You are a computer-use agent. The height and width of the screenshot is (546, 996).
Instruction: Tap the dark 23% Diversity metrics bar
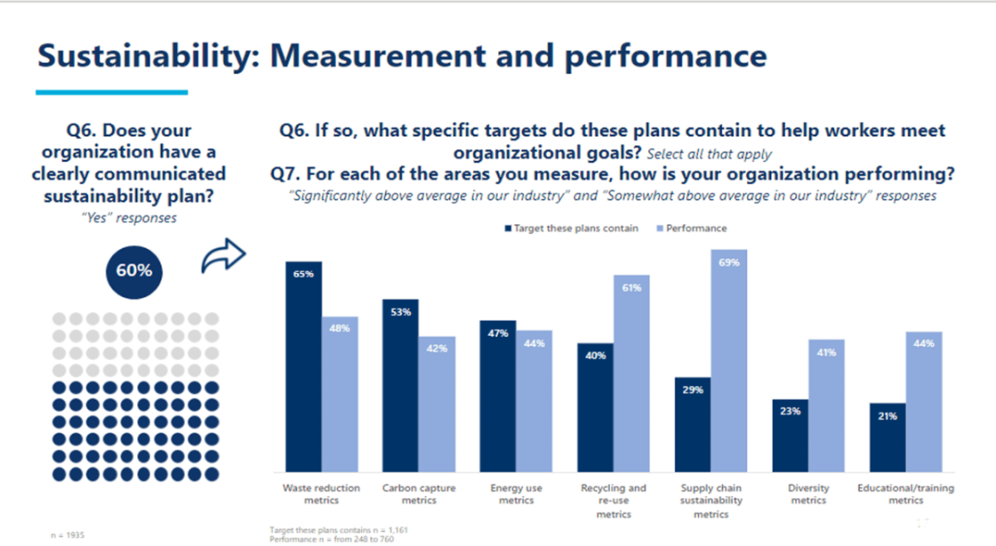pos(790,436)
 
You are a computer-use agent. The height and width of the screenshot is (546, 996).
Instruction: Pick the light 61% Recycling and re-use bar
pos(632,373)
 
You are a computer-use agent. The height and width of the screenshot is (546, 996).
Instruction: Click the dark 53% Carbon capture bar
pos(400,386)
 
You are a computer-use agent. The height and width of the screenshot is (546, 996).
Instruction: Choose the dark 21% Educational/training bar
pos(888,438)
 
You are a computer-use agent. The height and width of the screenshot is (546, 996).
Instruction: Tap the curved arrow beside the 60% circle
pos(223,257)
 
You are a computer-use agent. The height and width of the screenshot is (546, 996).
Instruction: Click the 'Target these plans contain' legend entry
pos(570,228)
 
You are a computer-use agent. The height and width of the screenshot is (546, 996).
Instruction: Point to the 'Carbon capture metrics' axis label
pos(418,494)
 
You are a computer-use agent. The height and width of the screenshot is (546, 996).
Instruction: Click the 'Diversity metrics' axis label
pos(808,494)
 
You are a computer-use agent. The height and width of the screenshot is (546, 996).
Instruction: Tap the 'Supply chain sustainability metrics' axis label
pos(711,501)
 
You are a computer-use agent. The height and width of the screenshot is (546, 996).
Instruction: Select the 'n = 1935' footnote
pos(67,535)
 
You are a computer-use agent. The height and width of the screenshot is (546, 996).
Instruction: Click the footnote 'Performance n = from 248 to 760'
pos(332,539)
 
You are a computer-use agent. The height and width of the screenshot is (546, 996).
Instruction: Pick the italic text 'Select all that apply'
pos(709,154)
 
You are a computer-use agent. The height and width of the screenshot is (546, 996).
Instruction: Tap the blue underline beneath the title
pos(111,92)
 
